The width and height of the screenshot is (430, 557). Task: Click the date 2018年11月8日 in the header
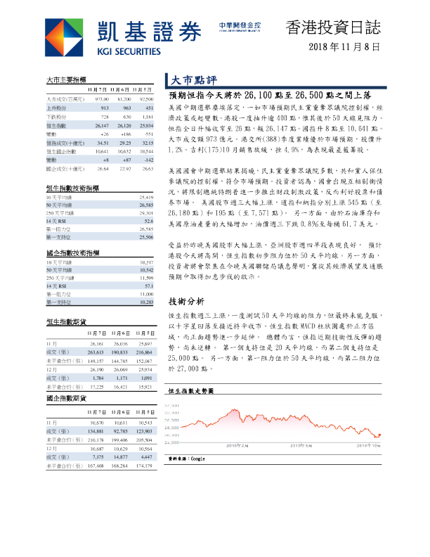coord(346,47)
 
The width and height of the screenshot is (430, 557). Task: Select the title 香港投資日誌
coord(334,27)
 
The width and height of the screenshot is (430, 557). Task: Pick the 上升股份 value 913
coord(103,108)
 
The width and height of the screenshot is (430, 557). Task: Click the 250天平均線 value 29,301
coord(145,212)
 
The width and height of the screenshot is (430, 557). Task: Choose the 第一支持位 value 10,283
coord(145,301)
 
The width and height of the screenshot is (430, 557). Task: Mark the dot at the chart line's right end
coord(379,435)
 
